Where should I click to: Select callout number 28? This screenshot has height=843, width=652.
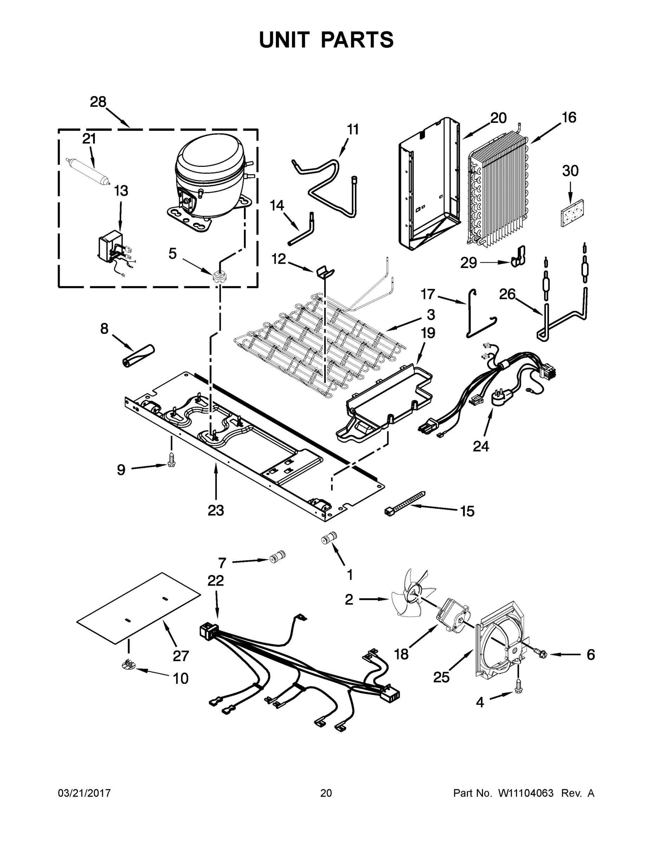coord(98,102)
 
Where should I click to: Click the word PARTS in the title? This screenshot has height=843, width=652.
coord(356,40)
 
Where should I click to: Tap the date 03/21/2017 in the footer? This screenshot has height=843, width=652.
coord(84,793)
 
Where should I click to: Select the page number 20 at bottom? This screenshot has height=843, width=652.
coord(326,793)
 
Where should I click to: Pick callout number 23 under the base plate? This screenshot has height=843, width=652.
coord(215,510)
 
